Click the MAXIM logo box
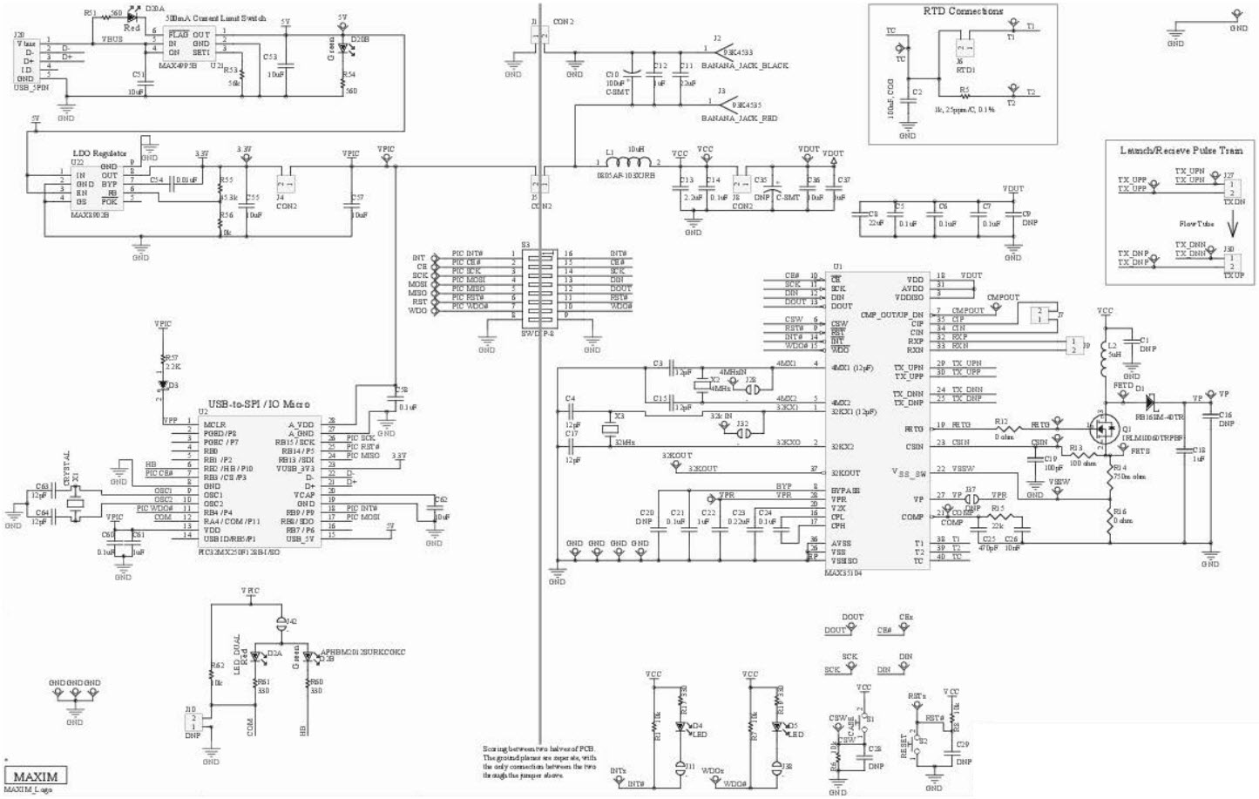pyautogui.click(x=36, y=776)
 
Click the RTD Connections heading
pyautogui.click(x=963, y=11)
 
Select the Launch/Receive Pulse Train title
pyautogui.click(x=1181, y=150)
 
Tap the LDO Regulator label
pyautogui.click(x=98, y=153)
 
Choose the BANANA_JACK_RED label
pyautogui.click(x=740, y=118)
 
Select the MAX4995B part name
pyautogui.click(x=177, y=64)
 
